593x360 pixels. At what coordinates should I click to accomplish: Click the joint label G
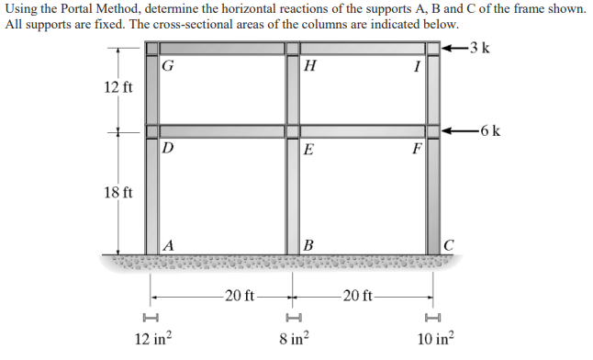pyautogui.click(x=167, y=65)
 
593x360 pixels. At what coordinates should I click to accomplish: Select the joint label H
pyautogui.click(x=309, y=65)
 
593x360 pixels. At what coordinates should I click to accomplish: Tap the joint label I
pyautogui.click(x=417, y=65)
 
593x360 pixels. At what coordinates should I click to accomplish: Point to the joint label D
pyautogui.click(x=167, y=147)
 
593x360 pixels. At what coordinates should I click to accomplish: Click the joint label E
pyautogui.click(x=309, y=148)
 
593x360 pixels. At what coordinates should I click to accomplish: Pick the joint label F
pyautogui.click(x=417, y=148)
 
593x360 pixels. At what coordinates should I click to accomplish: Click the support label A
pyautogui.click(x=169, y=244)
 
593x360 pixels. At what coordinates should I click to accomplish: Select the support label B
pyautogui.click(x=308, y=244)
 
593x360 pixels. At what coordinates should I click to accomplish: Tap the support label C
pyautogui.click(x=447, y=244)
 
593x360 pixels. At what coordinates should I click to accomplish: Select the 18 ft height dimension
pyautogui.click(x=118, y=193)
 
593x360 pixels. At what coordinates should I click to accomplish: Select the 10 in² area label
pyautogui.click(x=435, y=338)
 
